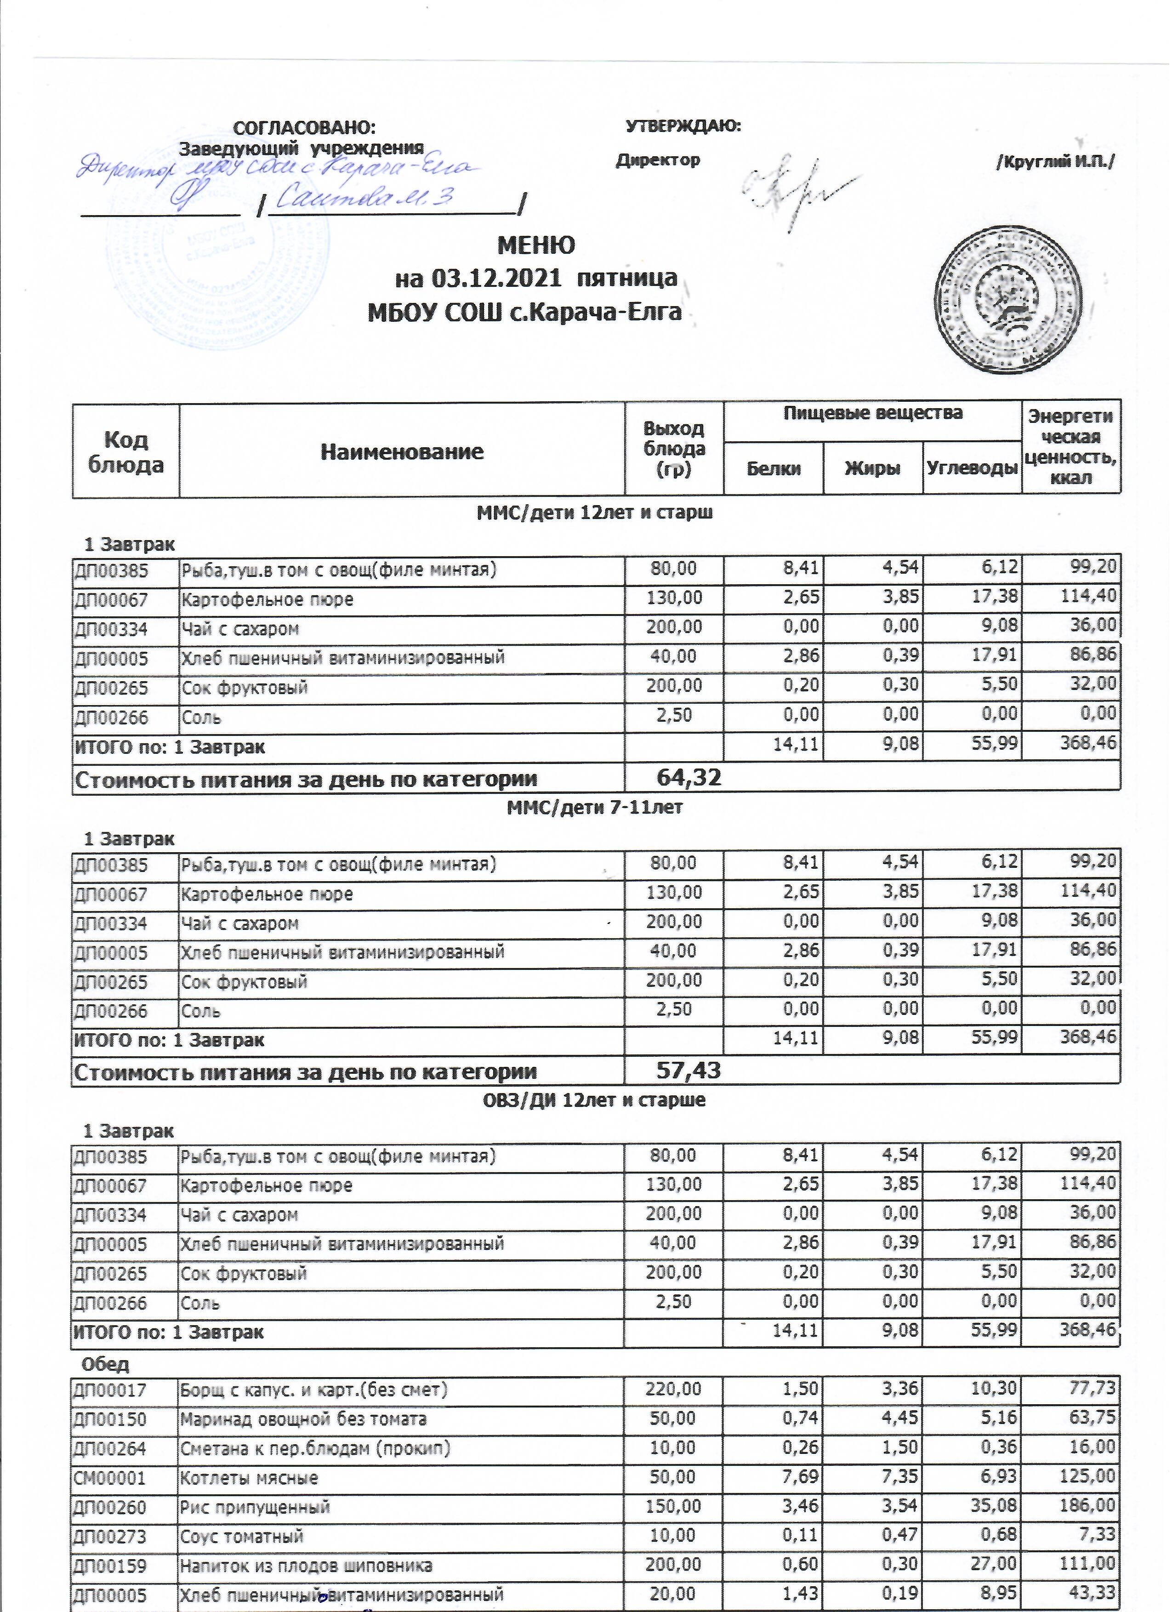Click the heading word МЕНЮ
coord(536,245)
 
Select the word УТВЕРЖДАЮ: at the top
coord(683,126)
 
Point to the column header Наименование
coord(402,451)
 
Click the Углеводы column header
coord(972,468)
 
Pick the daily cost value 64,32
coord(688,778)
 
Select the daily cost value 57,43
coord(688,1071)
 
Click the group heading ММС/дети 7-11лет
coord(594,808)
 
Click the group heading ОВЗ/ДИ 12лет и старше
coord(594,1100)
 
